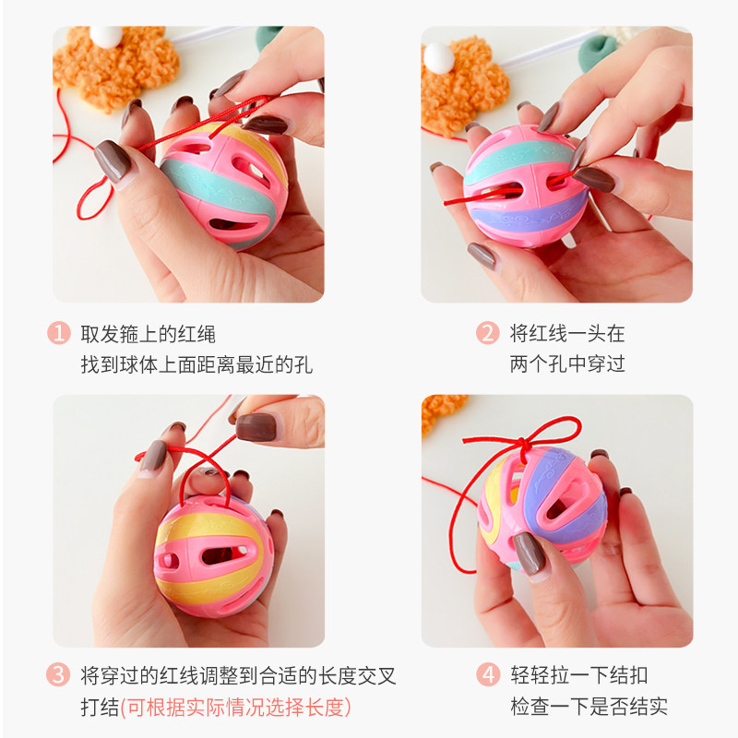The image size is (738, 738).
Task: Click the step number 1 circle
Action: pyautogui.click(x=59, y=333)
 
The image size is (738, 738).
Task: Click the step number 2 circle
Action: pyautogui.click(x=487, y=333)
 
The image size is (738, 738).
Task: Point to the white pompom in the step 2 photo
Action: pyautogui.click(x=438, y=57)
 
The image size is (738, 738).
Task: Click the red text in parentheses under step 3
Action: pyautogui.click(x=235, y=708)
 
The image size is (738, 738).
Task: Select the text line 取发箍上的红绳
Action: pyautogui.click(x=149, y=333)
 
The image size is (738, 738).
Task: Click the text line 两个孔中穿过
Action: pyautogui.click(x=567, y=363)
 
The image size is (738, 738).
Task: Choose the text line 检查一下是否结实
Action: pyautogui.click(x=589, y=708)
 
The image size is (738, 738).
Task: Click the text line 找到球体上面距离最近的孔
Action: pyautogui.click(x=196, y=363)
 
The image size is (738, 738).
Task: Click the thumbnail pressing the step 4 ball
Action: pyautogui.click(x=530, y=554)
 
